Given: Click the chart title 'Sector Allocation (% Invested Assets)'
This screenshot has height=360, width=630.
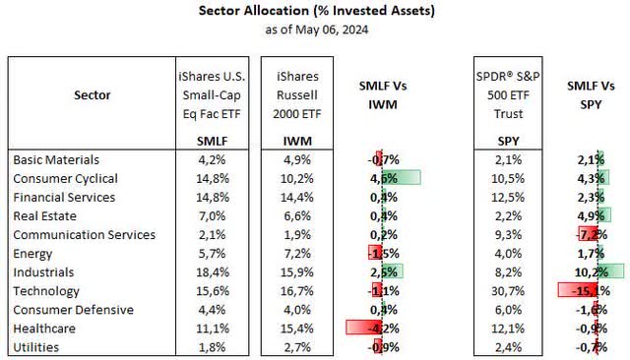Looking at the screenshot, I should [x=314, y=12].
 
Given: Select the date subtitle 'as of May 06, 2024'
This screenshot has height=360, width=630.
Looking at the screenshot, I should [x=314, y=30].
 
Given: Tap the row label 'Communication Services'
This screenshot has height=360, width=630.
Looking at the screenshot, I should [x=85, y=234].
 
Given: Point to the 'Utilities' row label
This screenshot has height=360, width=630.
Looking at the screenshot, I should [x=38, y=347].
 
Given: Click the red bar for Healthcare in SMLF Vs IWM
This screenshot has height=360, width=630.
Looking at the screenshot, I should [x=363, y=329].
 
